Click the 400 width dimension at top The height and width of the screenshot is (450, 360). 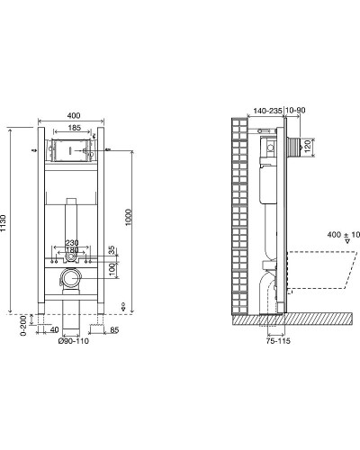pos(74,115)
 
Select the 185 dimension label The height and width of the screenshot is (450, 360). pos(74,128)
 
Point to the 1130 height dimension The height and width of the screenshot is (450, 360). pos(3,222)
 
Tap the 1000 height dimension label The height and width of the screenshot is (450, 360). pos(129,218)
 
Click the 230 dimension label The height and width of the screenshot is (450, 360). pos(72,243)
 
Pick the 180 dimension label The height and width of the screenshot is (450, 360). pos(72,250)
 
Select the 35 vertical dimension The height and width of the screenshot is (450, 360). pos(112,250)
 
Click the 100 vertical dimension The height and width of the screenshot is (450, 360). pos(112,269)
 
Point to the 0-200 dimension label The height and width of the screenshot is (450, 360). pos(23,326)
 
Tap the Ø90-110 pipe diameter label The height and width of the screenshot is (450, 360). pos(74,341)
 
